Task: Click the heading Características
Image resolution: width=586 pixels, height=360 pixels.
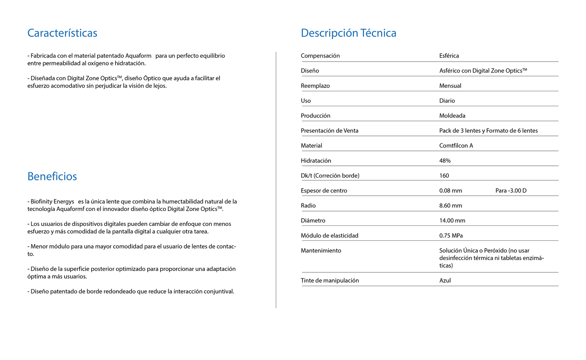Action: [x=62, y=33]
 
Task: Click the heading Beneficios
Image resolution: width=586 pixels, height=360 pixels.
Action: [x=52, y=177]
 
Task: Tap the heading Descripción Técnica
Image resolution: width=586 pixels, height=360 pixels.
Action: [x=348, y=33]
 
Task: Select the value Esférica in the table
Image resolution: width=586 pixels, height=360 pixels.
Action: [x=449, y=56]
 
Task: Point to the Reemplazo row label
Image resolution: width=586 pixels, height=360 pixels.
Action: [x=315, y=86]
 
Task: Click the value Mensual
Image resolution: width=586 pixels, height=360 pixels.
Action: [x=450, y=86]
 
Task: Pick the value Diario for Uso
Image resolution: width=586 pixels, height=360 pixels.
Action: [x=447, y=101]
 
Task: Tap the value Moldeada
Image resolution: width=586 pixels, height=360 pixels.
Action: [x=452, y=116]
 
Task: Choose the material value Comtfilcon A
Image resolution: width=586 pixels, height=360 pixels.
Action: [x=456, y=146]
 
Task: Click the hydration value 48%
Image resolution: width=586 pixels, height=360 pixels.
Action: [x=445, y=161]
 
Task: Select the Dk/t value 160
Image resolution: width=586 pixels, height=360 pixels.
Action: [x=444, y=176]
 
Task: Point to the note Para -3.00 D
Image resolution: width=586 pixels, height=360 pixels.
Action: [x=511, y=191]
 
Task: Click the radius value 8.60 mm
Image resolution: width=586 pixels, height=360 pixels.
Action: [x=451, y=206]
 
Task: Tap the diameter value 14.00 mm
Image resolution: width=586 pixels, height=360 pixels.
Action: [x=452, y=221]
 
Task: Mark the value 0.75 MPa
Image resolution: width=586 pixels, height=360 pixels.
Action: [x=451, y=236]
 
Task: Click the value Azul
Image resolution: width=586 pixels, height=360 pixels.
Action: [x=445, y=281]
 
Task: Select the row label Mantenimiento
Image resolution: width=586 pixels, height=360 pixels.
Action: [x=321, y=251]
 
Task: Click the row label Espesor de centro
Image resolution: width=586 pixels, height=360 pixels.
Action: [x=324, y=191]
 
